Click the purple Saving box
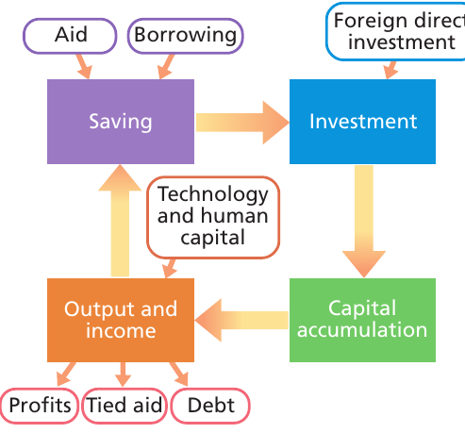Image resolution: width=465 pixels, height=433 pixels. pos(121,122)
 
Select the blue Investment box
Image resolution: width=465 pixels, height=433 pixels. pos(362,122)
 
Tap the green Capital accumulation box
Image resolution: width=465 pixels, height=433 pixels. pos(362,320)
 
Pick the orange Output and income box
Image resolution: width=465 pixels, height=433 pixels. pos(121,320)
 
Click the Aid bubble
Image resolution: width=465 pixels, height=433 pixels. pos(70,36)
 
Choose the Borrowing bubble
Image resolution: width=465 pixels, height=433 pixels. pos(186,36)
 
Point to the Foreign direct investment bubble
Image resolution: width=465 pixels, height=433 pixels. pos(395,31)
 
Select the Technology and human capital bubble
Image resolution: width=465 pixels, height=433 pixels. pos(213,217)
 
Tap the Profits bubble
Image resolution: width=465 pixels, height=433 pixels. pos(40,406)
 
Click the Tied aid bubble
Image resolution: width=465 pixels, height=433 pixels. pos(125,406)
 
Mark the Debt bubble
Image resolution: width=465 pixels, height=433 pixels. pos(210,406)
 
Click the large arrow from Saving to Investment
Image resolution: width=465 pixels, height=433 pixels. pos(242,123)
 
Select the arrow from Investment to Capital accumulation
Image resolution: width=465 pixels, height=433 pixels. pos(364,222)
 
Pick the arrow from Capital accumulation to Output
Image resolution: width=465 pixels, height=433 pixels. pos(241,320)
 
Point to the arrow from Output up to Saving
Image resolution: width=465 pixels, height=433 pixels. pos(120,221)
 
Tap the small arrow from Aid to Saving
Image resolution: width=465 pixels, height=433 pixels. pos(84,66)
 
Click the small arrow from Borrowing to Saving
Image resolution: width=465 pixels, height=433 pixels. pos(166,66)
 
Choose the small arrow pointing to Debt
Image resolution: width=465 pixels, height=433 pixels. pos(179,375)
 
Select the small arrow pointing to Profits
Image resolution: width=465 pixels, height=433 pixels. pos(66,375)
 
